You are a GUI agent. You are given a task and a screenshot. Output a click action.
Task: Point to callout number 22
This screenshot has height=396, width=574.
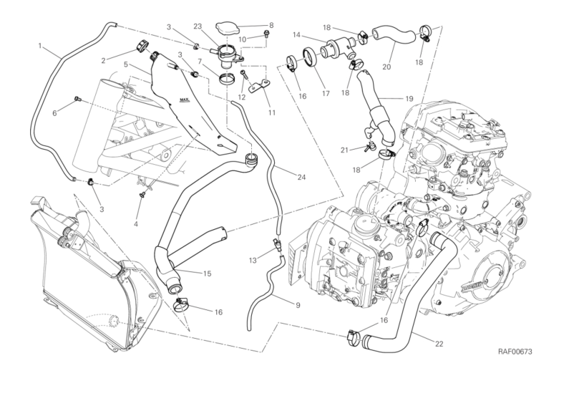(439, 343)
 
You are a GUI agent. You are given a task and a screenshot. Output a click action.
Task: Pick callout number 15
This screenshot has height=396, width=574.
(207, 273)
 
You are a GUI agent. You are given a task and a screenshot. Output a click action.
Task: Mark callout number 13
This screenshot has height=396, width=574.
(253, 258)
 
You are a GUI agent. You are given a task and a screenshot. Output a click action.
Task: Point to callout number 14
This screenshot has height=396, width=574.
(296, 34)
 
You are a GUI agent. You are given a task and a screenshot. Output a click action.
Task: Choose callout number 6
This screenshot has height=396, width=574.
(54, 112)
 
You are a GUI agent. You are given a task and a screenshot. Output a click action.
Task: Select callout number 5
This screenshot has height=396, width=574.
(125, 64)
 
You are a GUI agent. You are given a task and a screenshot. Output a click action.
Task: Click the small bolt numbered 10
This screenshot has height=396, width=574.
(267, 34)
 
